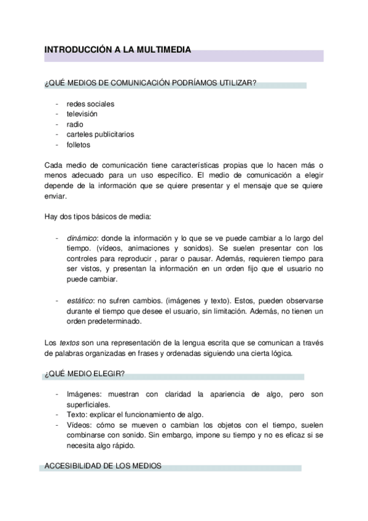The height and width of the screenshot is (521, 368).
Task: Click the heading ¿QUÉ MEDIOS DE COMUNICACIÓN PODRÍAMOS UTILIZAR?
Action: point(151,84)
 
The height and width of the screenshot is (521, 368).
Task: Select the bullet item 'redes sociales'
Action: point(90,104)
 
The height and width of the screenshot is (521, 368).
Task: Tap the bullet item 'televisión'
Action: point(82,114)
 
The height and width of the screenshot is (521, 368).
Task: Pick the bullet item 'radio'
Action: point(75,124)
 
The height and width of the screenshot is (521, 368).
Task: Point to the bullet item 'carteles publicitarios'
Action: point(100,134)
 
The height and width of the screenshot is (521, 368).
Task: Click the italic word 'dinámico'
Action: point(80,238)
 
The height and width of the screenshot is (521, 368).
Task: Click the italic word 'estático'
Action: point(79,300)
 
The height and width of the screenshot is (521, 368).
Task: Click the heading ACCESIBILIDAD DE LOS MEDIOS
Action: point(103,466)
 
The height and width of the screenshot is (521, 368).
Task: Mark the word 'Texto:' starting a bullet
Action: point(77,415)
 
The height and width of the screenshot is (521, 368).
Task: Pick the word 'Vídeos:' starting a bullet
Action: point(80,425)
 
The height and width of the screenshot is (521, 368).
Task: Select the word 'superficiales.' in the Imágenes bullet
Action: point(88,404)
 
